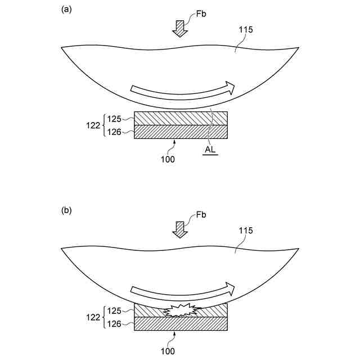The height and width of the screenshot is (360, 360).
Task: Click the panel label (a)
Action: [x=66, y=9]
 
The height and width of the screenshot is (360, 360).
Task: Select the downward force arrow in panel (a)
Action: [x=180, y=28]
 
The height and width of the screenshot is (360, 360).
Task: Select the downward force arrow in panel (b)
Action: [x=180, y=229]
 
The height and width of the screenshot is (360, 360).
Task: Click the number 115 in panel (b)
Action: [x=246, y=231]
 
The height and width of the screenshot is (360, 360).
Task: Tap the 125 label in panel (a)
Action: [x=114, y=118]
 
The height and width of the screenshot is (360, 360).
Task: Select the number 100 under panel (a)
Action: [x=168, y=159]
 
